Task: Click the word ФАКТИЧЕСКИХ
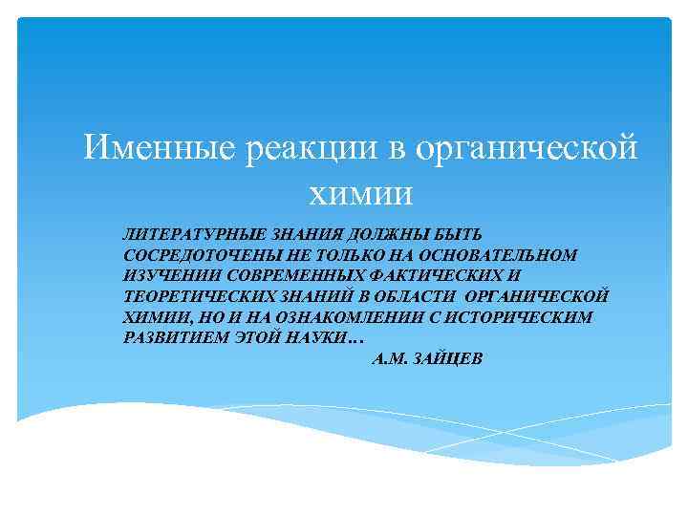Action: click(x=438, y=277)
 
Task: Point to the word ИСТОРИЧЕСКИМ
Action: click(x=513, y=319)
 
